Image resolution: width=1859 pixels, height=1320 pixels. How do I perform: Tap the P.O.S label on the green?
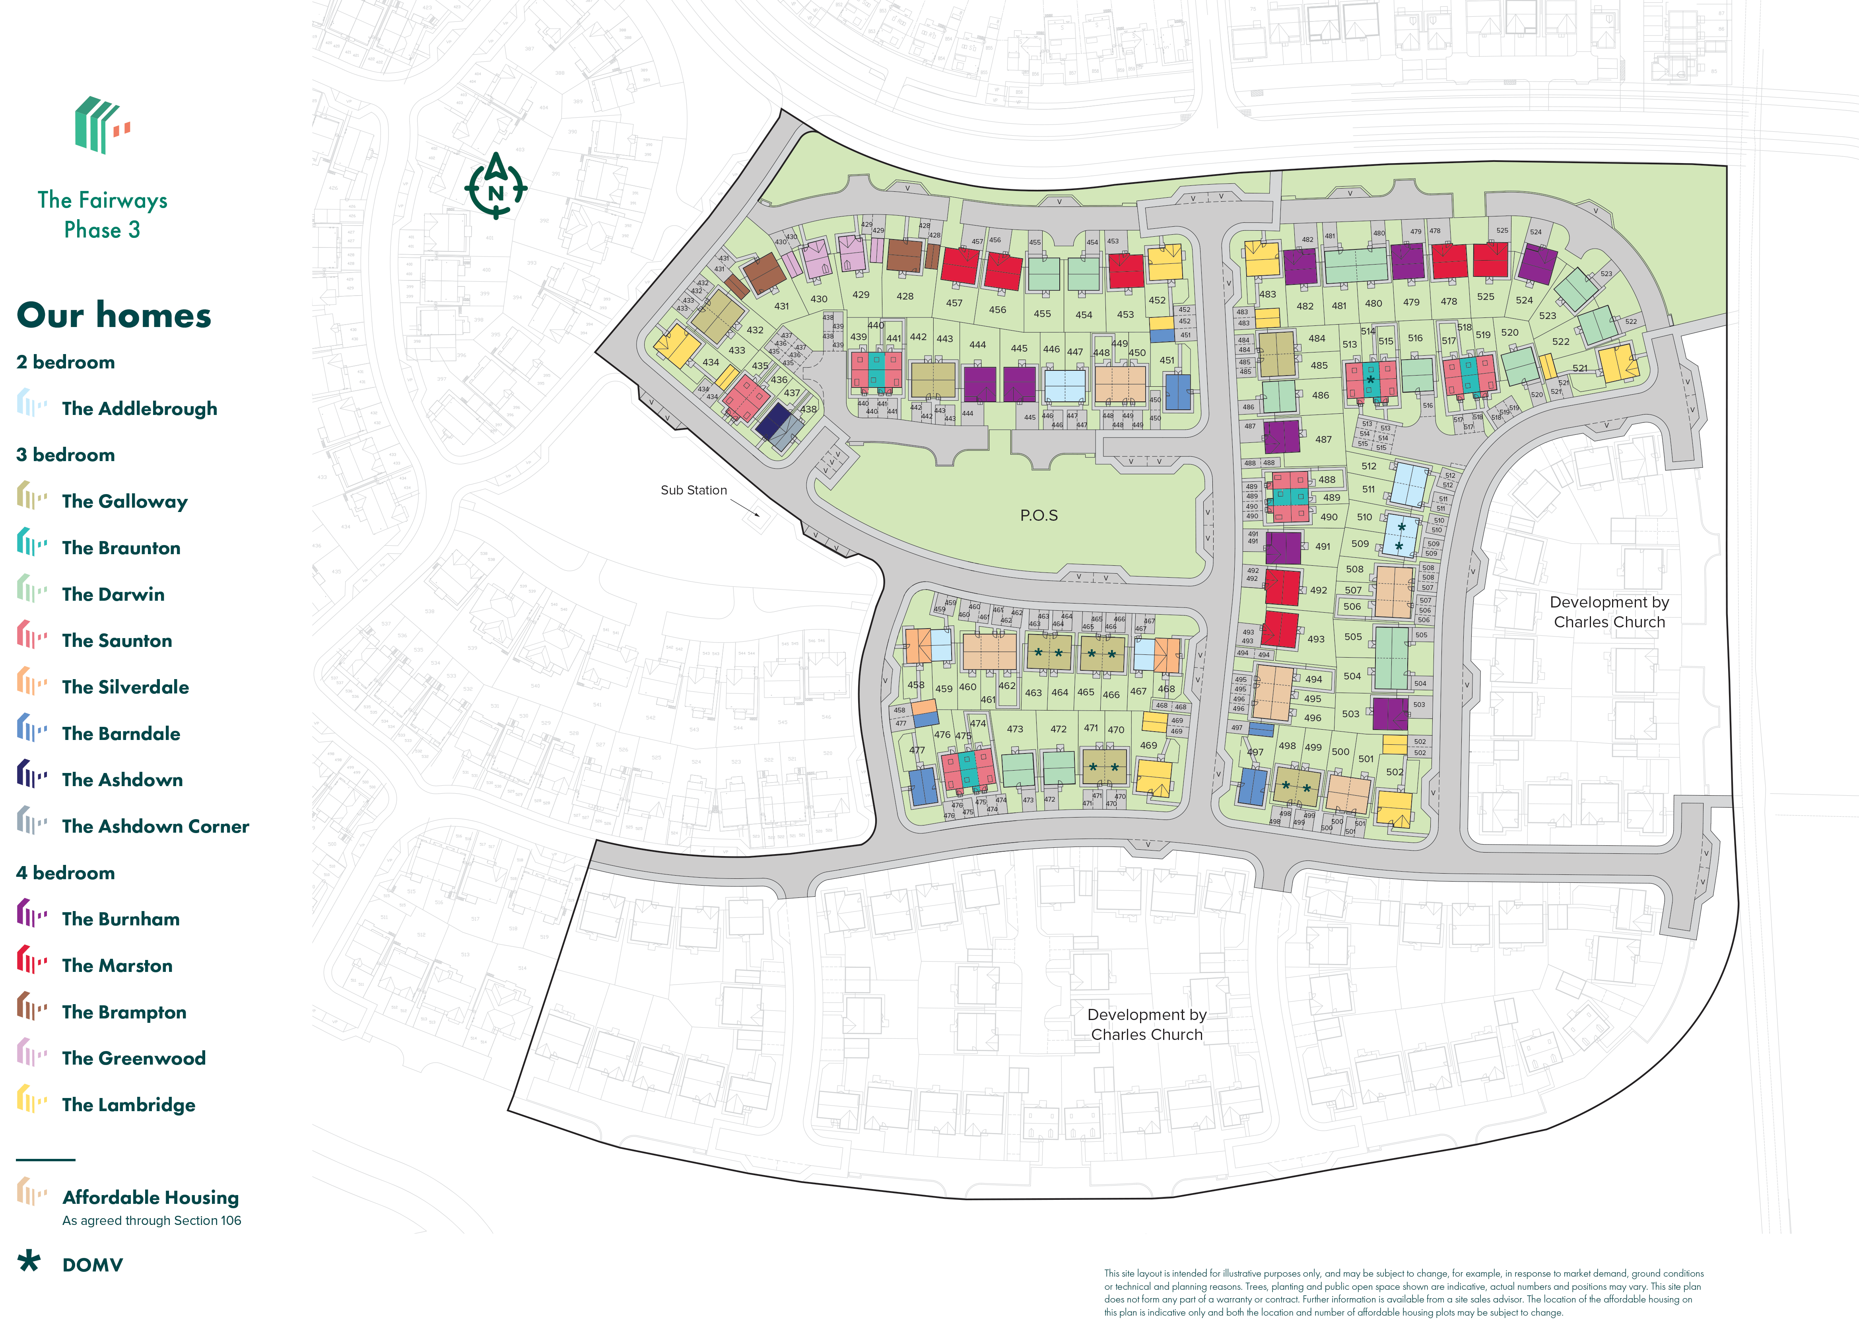point(1038,515)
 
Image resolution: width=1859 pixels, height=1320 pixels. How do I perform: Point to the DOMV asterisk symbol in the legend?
point(29,1262)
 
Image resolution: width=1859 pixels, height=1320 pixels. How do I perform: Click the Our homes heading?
point(114,315)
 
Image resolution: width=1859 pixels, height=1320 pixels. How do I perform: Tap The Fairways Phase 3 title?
point(102,214)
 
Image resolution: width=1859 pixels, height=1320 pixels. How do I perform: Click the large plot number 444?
point(977,345)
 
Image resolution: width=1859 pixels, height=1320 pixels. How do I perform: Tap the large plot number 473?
point(1015,729)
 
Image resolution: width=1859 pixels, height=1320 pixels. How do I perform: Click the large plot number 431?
point(781,306)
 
